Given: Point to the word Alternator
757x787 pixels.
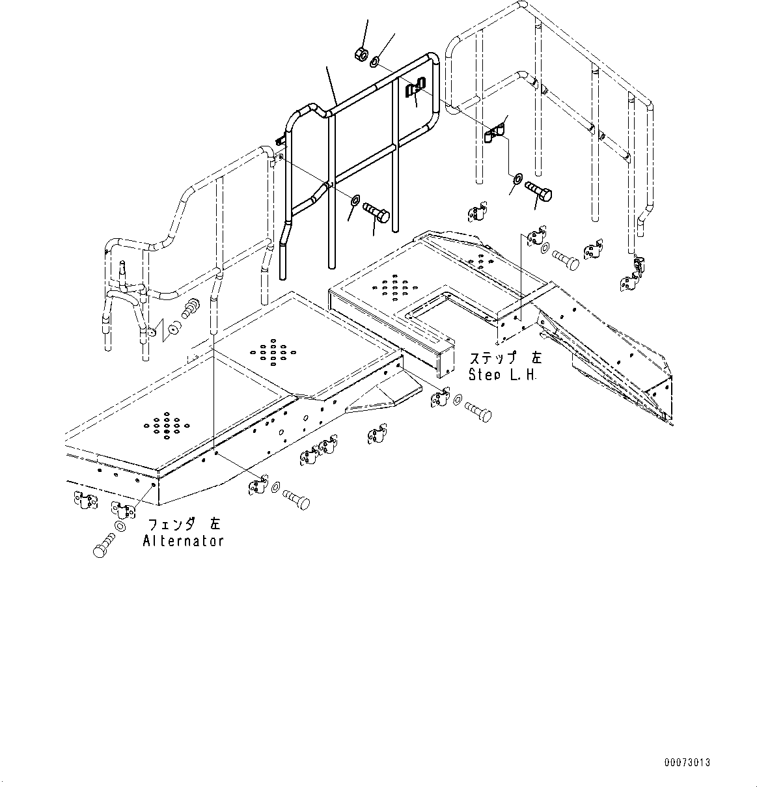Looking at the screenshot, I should (183, 541).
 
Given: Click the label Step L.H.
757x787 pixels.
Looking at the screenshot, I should (502, 375).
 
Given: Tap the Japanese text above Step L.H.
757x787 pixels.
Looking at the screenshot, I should (504, 359).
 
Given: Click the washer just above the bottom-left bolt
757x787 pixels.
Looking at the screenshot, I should (120, 525).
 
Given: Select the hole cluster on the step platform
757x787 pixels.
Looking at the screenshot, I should (391, 284).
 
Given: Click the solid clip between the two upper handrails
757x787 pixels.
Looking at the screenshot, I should (495, 133).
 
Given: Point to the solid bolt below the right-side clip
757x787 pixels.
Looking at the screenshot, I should (538, 191).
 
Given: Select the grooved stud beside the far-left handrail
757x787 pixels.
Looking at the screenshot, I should (192, 307).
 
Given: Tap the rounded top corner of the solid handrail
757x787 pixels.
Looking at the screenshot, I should (431, 60).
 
